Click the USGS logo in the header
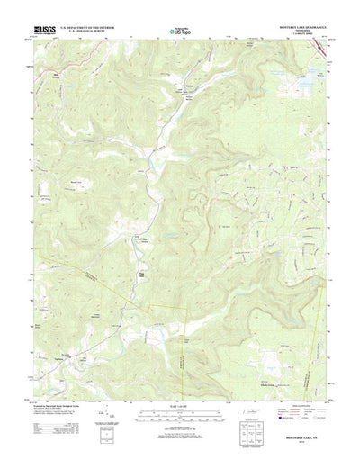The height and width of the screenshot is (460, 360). click(42, 32)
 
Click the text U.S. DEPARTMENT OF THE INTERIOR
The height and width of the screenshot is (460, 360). click(91, 29)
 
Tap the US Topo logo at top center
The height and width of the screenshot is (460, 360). click(179, 34)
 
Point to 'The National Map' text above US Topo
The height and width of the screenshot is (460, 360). click(179, 27)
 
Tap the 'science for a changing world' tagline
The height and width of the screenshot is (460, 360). click(42, 37)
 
